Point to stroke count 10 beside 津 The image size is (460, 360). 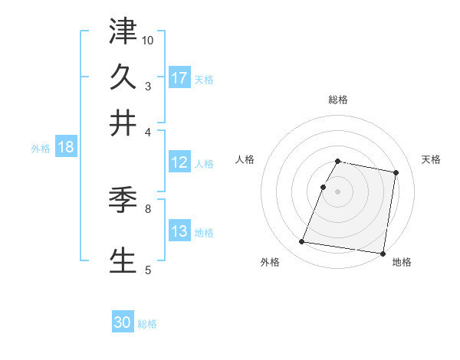click(x=148, y=40)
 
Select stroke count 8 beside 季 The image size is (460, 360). click(x=148, y=208)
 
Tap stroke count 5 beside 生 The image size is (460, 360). click(x=148, y=269)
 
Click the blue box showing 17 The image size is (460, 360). click(x=179, y=77)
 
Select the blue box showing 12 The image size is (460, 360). click(x=179, y=162)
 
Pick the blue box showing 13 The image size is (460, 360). click(x=179, y=231)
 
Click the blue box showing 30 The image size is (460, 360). click(x=123, y=322)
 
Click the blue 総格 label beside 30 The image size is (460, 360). click(x=147, y=324)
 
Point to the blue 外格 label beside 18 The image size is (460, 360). click(x=41, y=149)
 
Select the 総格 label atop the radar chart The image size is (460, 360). click(x=337, y=100)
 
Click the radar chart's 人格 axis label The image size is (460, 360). click(x=245, y=159)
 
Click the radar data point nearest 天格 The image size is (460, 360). click(x=396, y=173)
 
